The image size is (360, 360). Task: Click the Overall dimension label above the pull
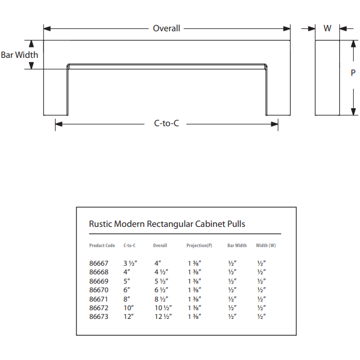coord(166,28)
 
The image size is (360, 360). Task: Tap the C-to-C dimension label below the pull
coord(166,123)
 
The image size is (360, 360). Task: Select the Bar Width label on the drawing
coord(19,55)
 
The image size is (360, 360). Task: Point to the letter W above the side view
coord(327,28)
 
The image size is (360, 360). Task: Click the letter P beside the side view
coord(353,73)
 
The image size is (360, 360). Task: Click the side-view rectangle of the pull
coord(327,78)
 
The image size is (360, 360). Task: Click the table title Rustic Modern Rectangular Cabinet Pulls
coord(171,224)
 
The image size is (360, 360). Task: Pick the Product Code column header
coord(102,245)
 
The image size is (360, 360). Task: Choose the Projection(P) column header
coord(199,245)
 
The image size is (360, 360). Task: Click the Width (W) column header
coord(266,245)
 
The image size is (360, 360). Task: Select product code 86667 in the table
coord(98,263)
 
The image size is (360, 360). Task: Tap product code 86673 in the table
coord(98,317)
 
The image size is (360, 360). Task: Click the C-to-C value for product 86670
coord(127,290)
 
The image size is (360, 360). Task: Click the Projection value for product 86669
coord(194,281)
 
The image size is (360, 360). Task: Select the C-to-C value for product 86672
coord(128,308)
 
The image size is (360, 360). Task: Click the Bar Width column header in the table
coord(237,245)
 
